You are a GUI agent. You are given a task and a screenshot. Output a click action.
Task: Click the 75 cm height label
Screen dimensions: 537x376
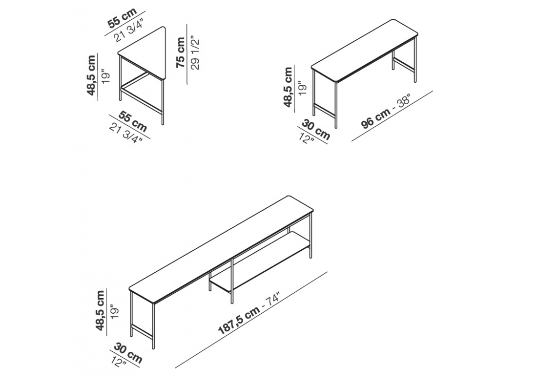[180, 53]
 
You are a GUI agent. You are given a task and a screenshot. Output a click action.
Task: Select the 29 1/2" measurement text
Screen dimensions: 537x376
[195, 53]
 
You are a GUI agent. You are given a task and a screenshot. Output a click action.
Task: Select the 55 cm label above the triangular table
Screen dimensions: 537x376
[122, 18]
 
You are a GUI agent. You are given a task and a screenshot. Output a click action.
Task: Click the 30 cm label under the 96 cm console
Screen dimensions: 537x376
[316, 129]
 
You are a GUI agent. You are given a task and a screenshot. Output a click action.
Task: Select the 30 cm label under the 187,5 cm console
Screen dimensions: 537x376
[127, 352]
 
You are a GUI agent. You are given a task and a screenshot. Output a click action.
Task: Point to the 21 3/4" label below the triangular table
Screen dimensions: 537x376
[126, 134]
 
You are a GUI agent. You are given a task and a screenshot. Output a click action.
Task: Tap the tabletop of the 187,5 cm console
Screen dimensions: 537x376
[222, 249]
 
